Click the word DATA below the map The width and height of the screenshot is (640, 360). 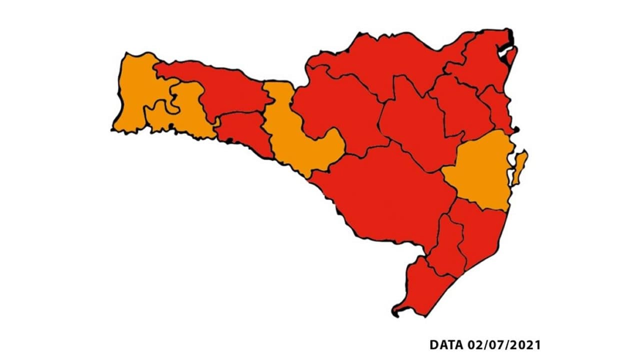click(x=447, y=345)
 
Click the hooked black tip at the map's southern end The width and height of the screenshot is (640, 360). click(x=394, y=313)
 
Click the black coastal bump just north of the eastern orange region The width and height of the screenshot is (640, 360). click(x=516, y=130)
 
